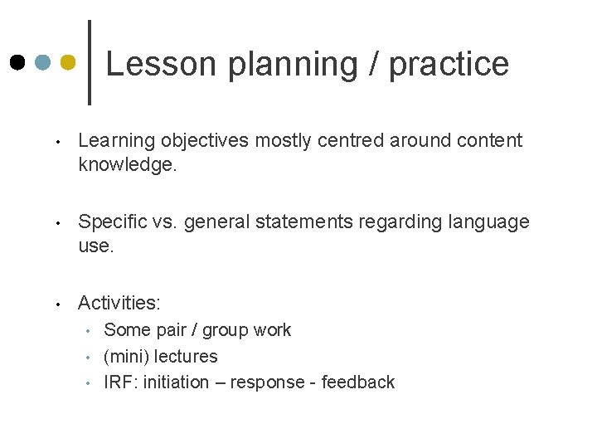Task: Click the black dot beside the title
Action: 17,62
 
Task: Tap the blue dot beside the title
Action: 43,62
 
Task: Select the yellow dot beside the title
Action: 69,62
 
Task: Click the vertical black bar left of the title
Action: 90,62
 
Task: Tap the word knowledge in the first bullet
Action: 127,165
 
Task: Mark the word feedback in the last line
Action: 358,382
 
